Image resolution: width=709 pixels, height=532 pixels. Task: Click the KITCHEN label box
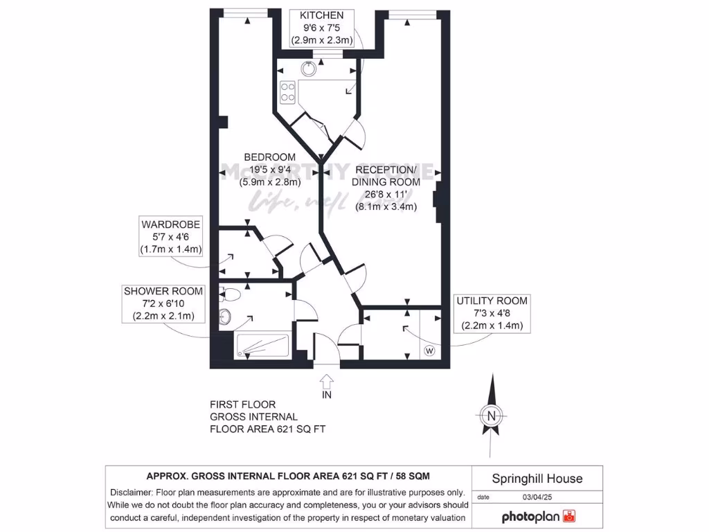tap(322, 28)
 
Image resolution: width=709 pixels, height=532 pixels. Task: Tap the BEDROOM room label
tap(269, 170)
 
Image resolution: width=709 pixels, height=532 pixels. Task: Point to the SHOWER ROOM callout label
tap(163, 303)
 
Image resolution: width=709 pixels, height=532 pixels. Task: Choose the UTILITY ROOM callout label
tap(491, 313)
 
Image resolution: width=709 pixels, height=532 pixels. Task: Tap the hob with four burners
tap(287, 92)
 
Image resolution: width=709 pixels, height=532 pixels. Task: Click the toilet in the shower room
tap(231, 294)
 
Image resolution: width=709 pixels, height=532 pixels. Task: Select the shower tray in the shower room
tap(262, 346)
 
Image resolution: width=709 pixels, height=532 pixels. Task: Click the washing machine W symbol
tap(429, 351)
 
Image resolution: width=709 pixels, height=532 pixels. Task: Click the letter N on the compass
tap(492, 416)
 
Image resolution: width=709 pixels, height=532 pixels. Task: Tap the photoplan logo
tap(538, 517)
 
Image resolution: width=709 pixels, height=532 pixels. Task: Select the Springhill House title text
tap(537, 479)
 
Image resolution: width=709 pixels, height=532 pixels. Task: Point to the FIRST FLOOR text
tap(242, 405)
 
